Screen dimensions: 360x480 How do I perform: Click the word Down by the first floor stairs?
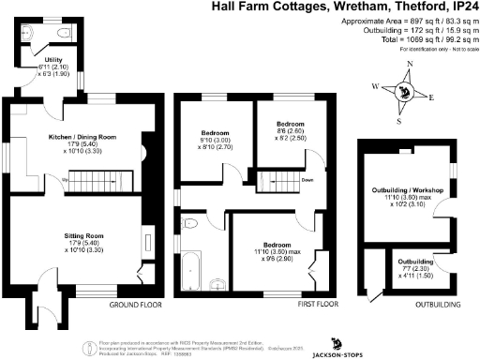click(307, 182)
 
